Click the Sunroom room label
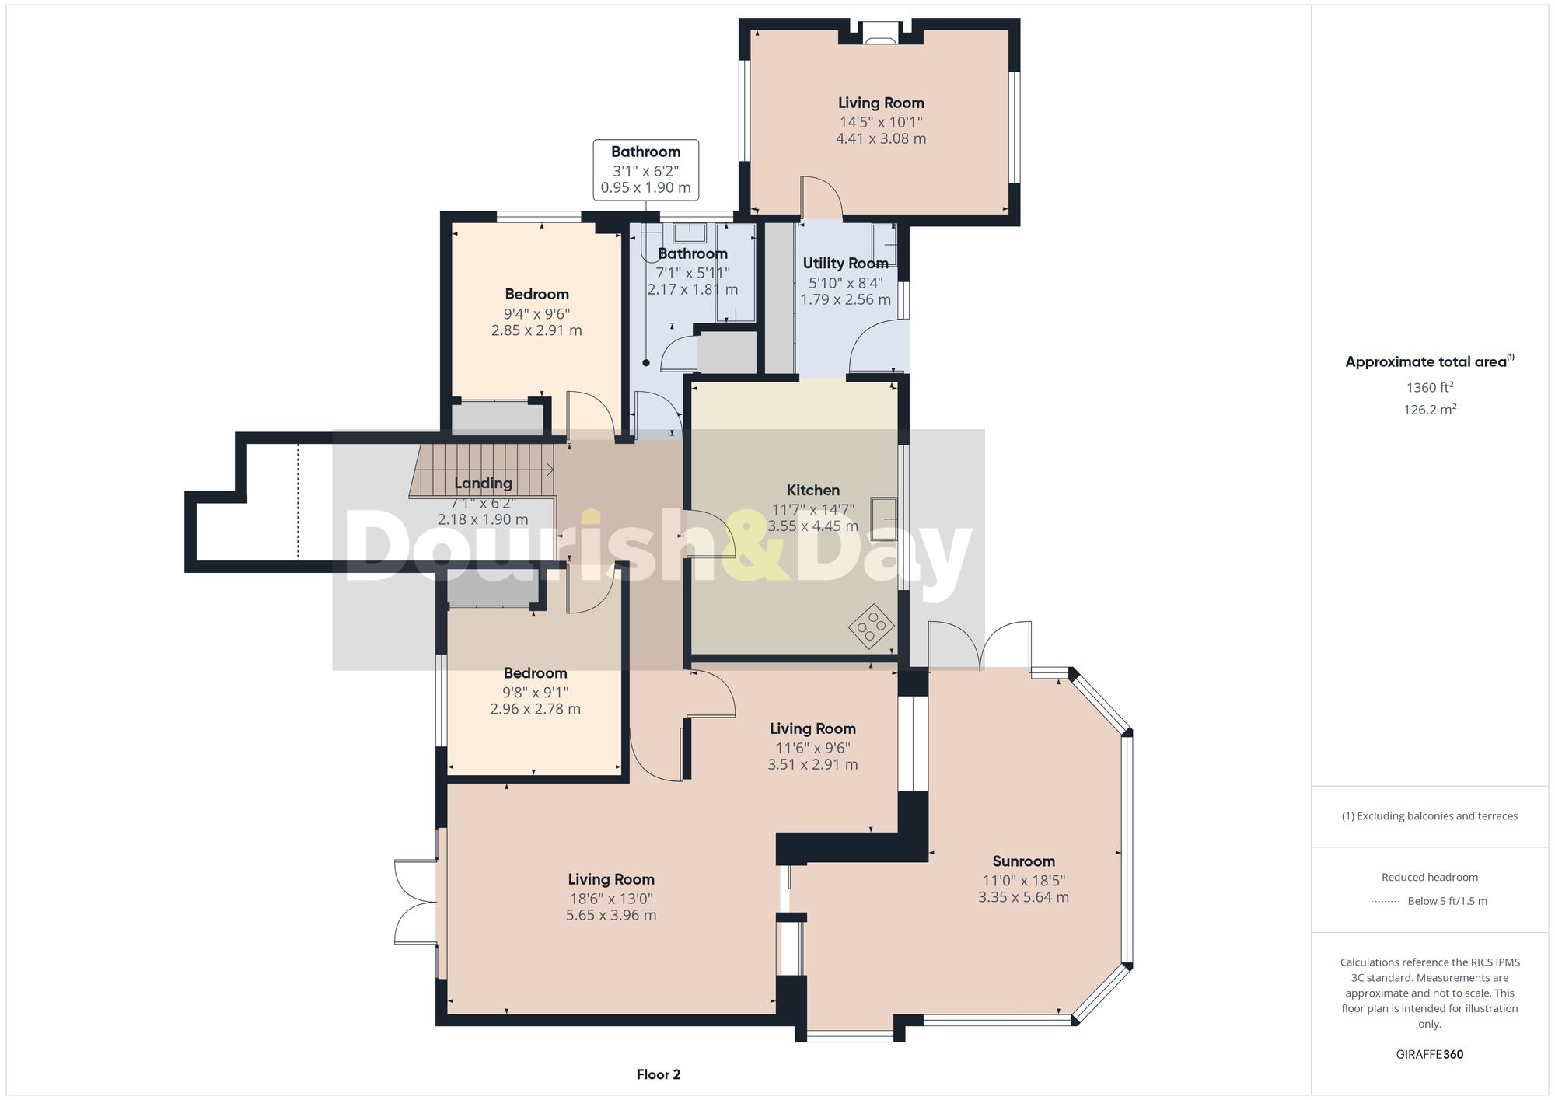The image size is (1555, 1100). point(1023,861)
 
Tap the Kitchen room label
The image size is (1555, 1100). point(812,490)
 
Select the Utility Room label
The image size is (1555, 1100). point(845,263)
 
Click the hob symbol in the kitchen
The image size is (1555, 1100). point(871,625)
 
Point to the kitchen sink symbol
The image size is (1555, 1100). point(885,518)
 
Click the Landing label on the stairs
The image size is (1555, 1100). point(483,483)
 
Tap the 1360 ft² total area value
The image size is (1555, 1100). point(1429,387)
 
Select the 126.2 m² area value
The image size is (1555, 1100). point(1429,409)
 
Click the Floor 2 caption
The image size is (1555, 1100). point(658,1074)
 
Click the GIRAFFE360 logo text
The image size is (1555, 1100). point(1429,1054)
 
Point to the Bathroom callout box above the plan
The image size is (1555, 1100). point(645,169)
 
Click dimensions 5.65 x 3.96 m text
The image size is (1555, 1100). point(611,915)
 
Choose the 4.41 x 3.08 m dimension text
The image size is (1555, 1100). point(881,138)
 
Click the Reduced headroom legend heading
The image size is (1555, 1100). point(1429,877)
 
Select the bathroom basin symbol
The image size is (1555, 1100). point(689,232)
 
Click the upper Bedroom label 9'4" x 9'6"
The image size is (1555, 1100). point(536,294)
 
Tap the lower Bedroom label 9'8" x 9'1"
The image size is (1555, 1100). point(535,673)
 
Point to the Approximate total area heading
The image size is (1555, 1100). point(1429,361)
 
